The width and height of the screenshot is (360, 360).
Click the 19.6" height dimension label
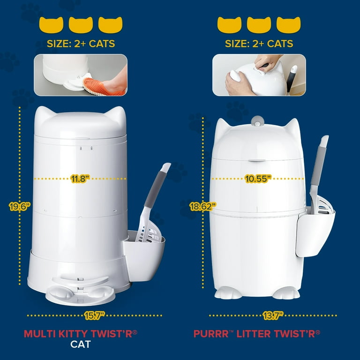pyautogui.click(x=20, y=206)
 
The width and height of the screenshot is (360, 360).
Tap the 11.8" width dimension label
pyautogui.click(x=80, y=179)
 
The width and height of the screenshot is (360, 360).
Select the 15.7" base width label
pyautogui.click(x=95, y=315)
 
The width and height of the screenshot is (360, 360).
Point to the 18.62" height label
pyautogui.click(x=202, y=206)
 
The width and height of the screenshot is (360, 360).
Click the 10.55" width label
pyautogui.click(x=258, y=179)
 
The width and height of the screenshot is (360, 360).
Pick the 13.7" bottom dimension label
pyautogui.click(x=273, y=315)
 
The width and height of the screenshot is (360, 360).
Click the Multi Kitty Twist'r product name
pyautogui.click(x=80, y=334)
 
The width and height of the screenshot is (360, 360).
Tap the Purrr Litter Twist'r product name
pyautogui.click(x=257, y=334)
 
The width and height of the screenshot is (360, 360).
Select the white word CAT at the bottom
pyautogui.click(x=81, y=345)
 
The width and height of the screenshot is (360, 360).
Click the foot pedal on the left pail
pyautogui.click(x=80, y=295)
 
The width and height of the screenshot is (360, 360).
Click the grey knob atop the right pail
pyautogui.click(x=257, y=121)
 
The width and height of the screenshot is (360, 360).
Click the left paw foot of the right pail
pyautogui.click(x=225, y=292)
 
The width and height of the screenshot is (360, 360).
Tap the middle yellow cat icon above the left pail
pyautogui.click(x=81, y=25)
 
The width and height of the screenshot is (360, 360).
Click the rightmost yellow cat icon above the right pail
pyautogui.click(x=288, y=25)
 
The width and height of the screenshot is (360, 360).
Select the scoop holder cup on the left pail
pyautogui.click(x=144, y=255)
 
